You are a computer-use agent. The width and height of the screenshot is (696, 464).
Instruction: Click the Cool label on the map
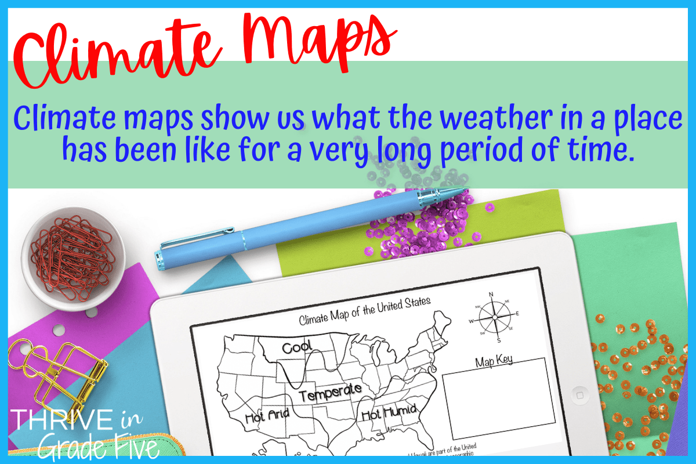[x=297, y=347]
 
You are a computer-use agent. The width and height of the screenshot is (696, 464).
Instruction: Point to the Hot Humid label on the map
[x=390, y=413]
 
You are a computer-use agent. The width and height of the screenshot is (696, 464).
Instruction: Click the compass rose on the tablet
[x=494, y=317]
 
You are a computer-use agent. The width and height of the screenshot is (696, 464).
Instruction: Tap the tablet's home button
[x=579, y=394]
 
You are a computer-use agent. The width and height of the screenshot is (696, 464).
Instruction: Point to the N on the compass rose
[x=491, y=295]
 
